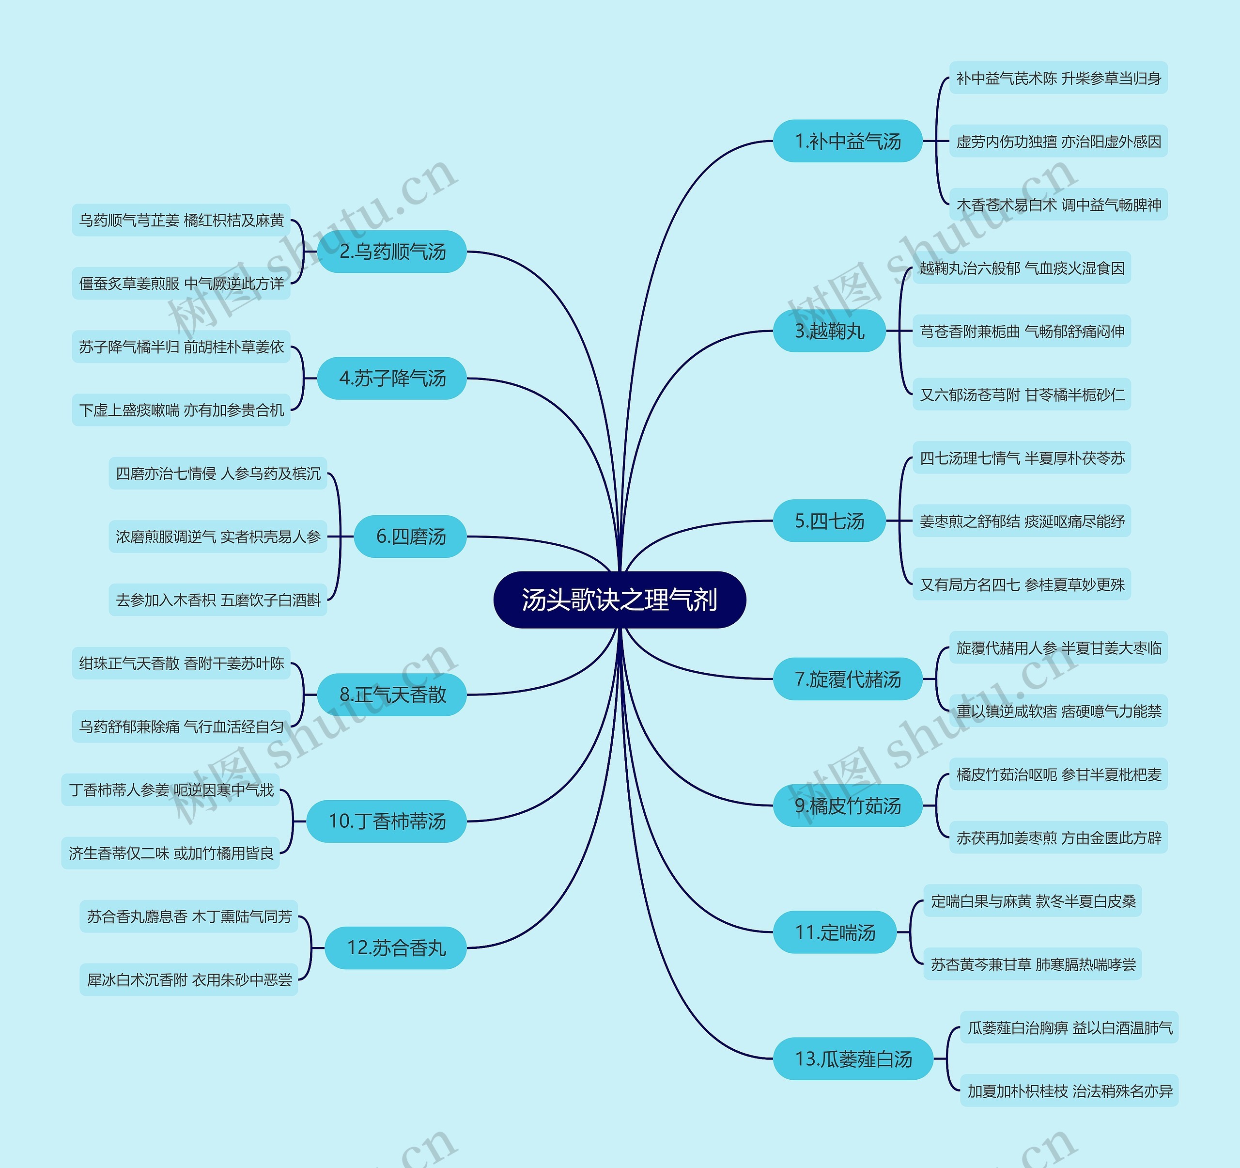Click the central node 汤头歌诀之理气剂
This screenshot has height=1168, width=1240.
(620, 600)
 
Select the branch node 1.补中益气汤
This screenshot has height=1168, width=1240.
(848, 141)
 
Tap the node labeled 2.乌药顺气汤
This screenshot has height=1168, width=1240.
(392, 252)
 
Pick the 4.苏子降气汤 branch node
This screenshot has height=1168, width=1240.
(392, 378)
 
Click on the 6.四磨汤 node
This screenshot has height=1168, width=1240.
(410, 536)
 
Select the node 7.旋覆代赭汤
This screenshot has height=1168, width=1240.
(848, 679)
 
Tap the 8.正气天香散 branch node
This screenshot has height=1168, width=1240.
(392, 694)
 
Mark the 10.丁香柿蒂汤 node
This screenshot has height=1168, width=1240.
(387, 821)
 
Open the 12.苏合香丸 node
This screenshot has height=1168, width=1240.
(396, 948)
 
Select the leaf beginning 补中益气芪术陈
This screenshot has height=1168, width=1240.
(1058, 78)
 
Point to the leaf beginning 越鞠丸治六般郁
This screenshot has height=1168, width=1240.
(1022, 268)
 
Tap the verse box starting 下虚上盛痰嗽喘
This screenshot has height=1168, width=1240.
(182, 410)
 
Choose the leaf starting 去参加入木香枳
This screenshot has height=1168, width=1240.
(217, 600)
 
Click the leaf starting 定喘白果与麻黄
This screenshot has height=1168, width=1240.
(1032, 901)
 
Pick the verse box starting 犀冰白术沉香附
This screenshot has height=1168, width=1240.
(189, 979)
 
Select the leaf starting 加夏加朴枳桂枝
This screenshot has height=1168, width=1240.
(1069, 1090)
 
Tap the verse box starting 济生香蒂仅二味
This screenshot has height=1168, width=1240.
(171, 853)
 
